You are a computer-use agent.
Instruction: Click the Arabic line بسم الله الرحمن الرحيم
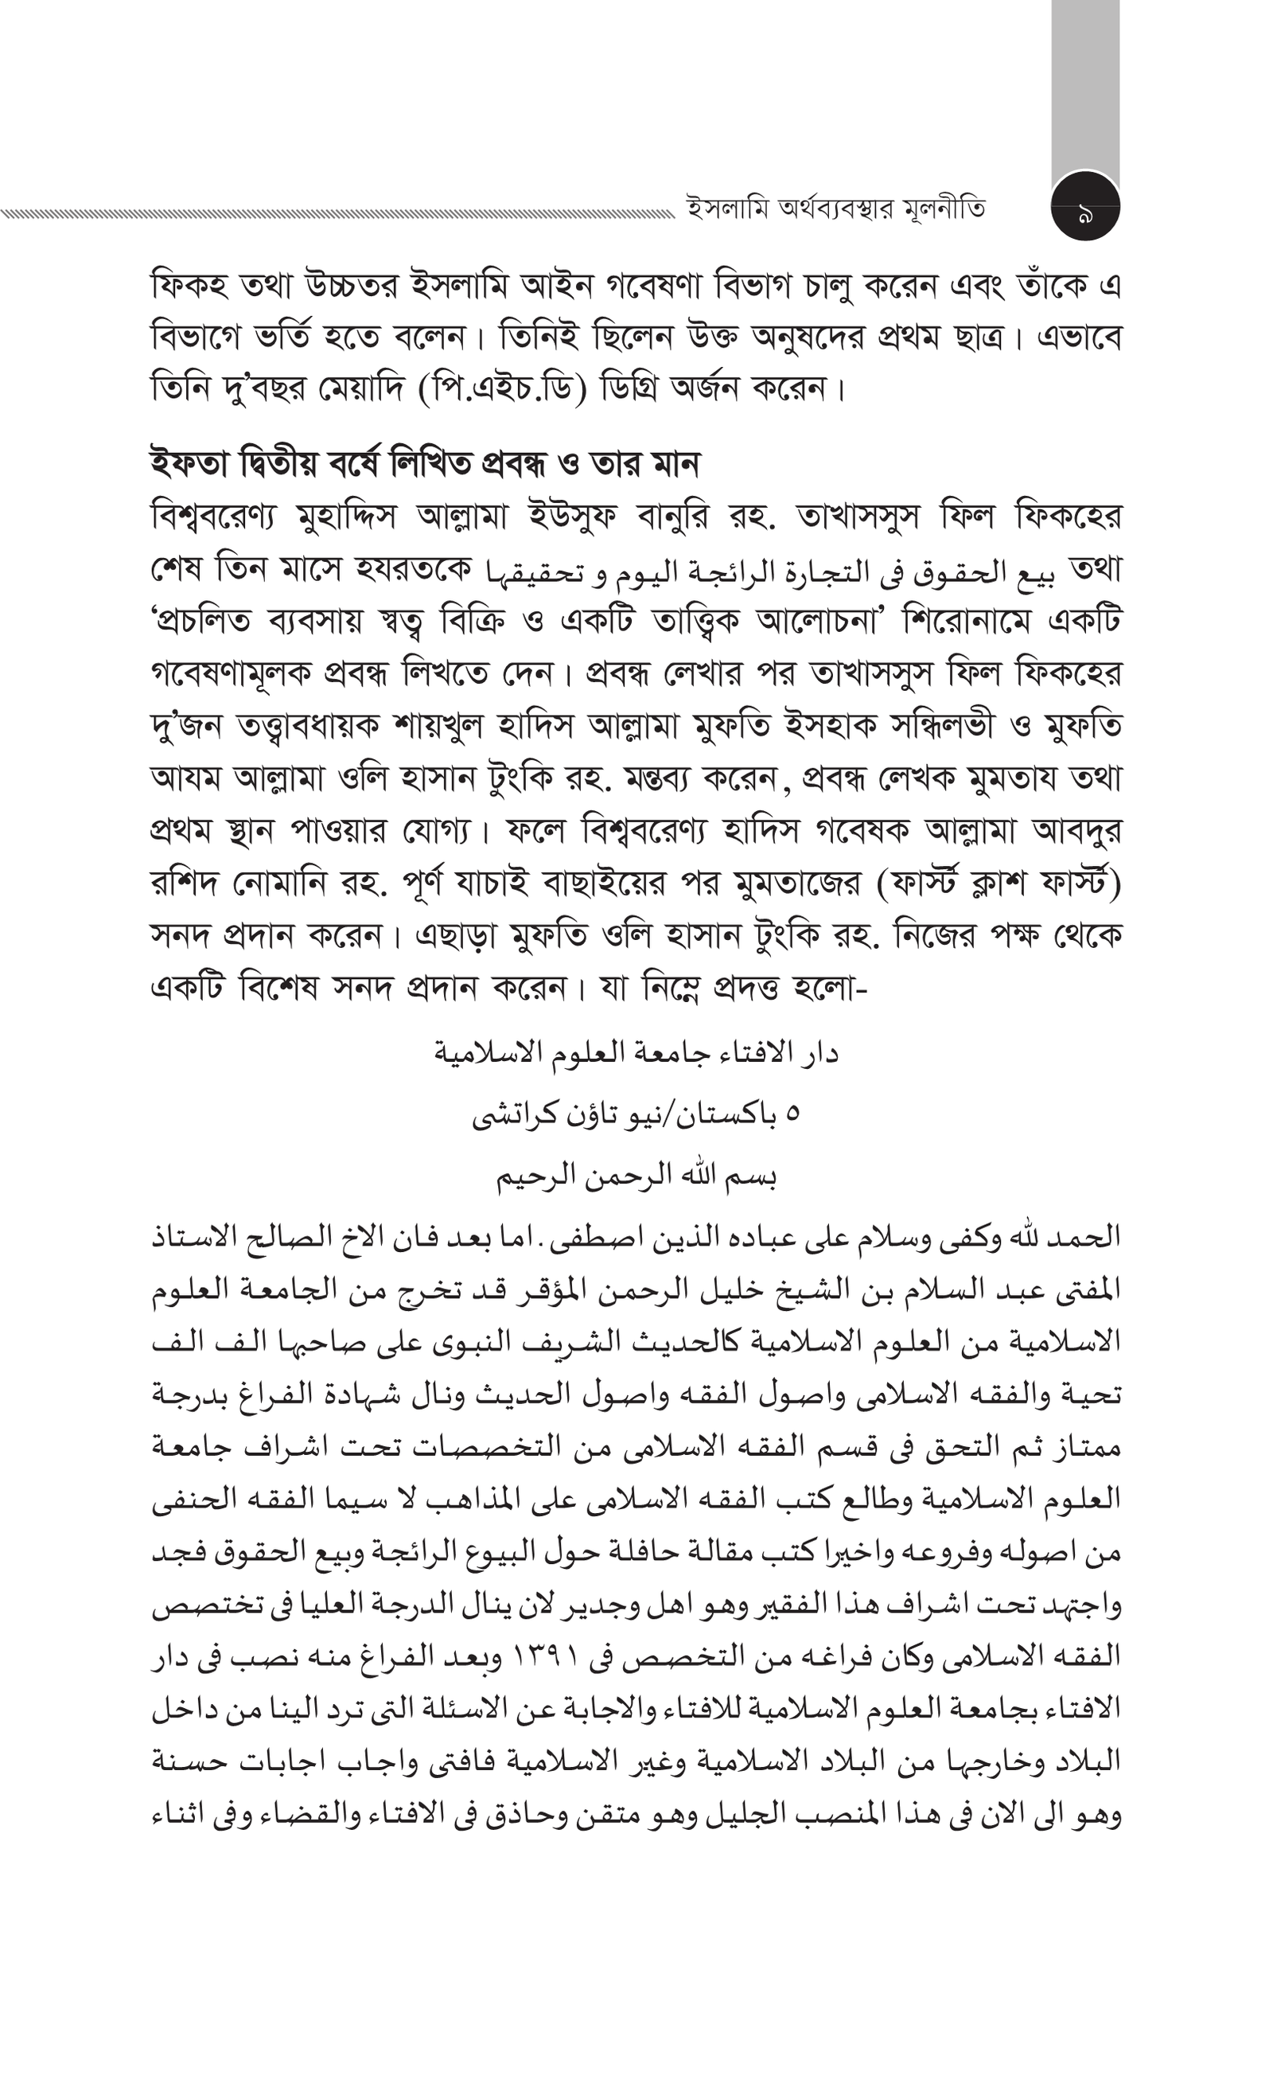pos(636,1176)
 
